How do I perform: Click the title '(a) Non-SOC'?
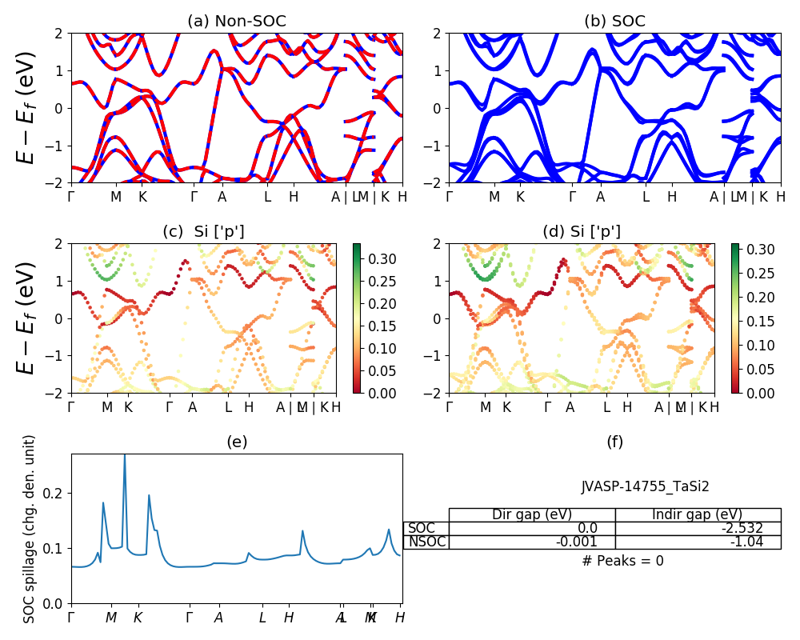236,22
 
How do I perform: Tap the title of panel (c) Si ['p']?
204,232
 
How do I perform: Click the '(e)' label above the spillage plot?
237,442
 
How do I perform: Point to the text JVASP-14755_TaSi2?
645,486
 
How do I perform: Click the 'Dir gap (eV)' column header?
532,514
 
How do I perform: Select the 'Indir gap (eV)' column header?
698,514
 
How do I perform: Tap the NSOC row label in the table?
426,542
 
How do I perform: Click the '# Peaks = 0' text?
622,561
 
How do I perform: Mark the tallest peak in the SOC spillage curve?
124,456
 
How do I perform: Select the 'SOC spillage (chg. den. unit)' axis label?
30,529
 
